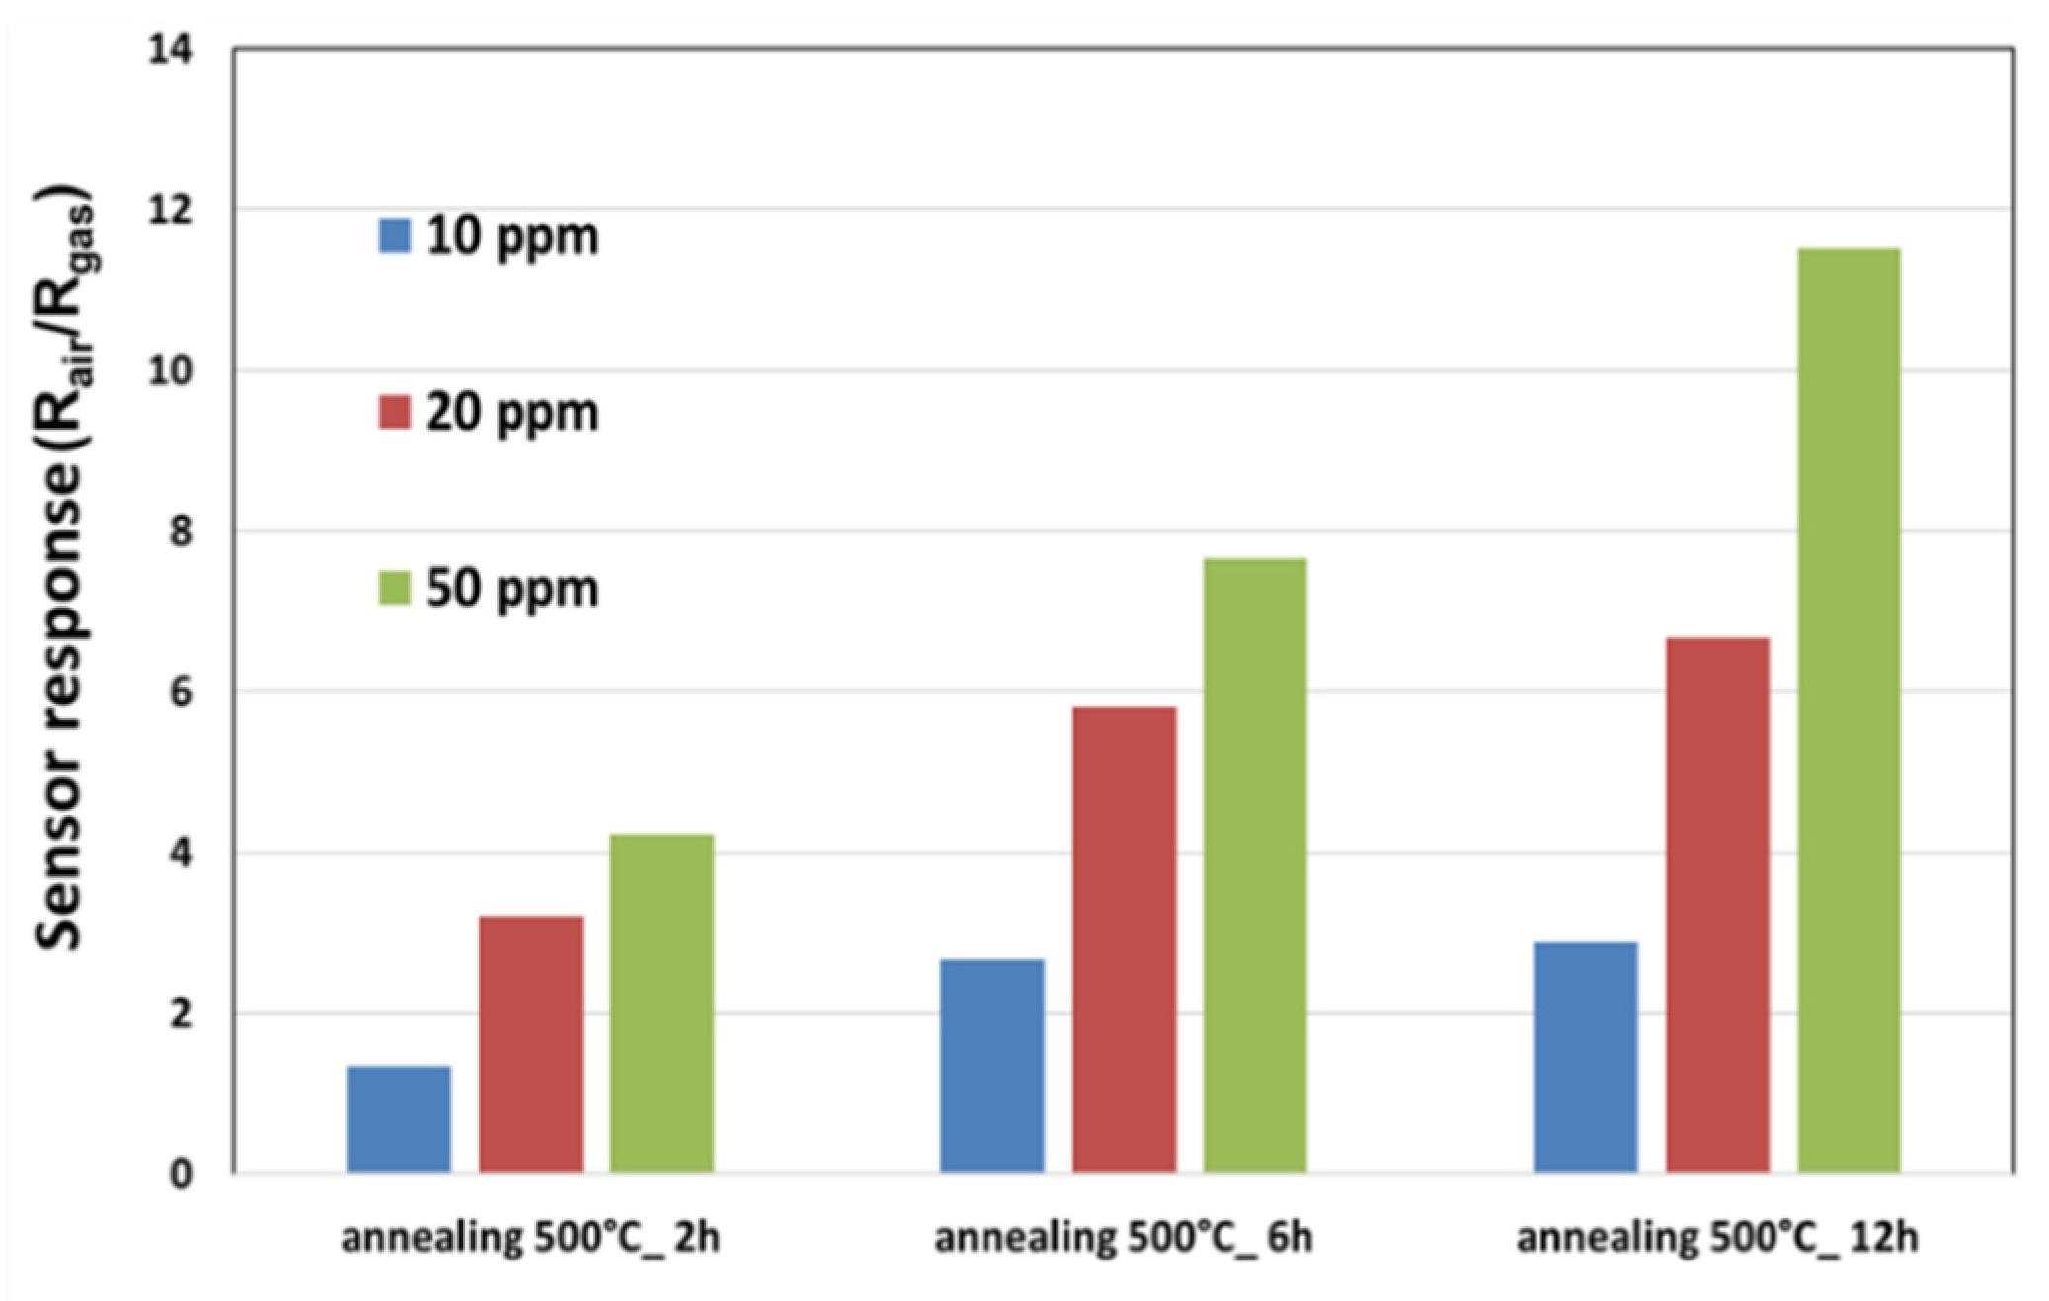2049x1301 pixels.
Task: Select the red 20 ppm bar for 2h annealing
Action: click(x=530, y=1044)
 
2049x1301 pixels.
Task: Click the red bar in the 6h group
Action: click(x=1124, y=939)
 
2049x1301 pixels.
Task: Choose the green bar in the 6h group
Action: click(x=1255, y=865)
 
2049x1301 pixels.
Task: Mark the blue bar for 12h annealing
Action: click(x=1585, y=1057)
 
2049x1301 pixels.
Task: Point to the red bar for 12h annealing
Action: click(x=1717, y=905)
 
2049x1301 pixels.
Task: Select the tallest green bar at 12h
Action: click(x=1849, y=710)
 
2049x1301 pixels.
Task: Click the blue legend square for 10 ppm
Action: click(x=394, y=236)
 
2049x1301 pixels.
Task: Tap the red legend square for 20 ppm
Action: click(x=394, y=412)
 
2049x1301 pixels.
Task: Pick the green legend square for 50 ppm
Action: click(x=394, y=588)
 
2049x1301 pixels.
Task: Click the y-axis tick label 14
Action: click(x=170, y=49)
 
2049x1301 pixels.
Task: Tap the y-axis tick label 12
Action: click(x=170, y=210)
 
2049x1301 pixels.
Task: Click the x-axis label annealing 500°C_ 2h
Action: click(x=530, y=1238)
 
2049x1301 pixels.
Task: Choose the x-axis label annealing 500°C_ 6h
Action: click(x=1124, y=1238)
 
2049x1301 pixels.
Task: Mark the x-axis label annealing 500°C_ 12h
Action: click(x=1717, y=1238)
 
